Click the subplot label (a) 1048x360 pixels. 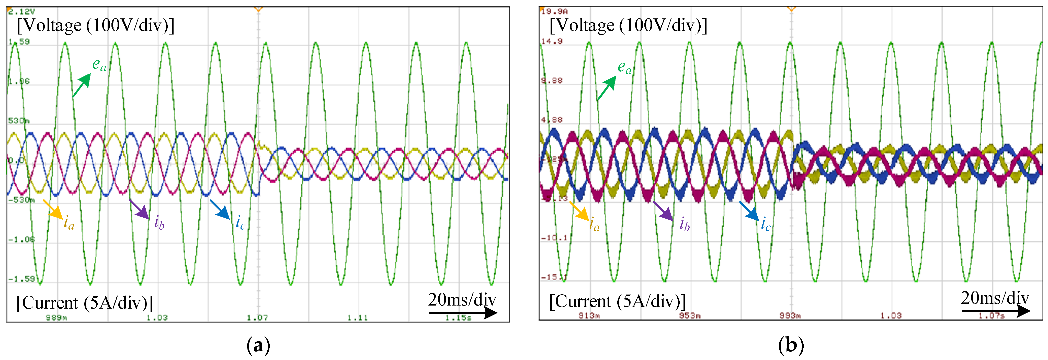point(258,345)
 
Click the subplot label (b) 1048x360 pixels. point(791,345)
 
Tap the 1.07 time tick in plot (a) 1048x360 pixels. point(257,317)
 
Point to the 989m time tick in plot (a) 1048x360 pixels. point(56,317)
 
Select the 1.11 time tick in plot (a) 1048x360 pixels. point(358,317)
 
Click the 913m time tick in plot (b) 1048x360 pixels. point(589,315)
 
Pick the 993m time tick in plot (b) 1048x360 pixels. point(790,315)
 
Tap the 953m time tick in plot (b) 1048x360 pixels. point(690,315)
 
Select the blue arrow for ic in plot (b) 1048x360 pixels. point(749,211)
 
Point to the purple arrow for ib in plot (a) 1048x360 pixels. point(139,209)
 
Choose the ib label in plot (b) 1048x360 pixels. point(684,224)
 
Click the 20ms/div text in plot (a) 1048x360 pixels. point(462,300)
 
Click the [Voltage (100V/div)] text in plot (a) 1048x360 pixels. point(95,25)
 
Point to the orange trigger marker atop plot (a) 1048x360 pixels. point(258,8)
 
